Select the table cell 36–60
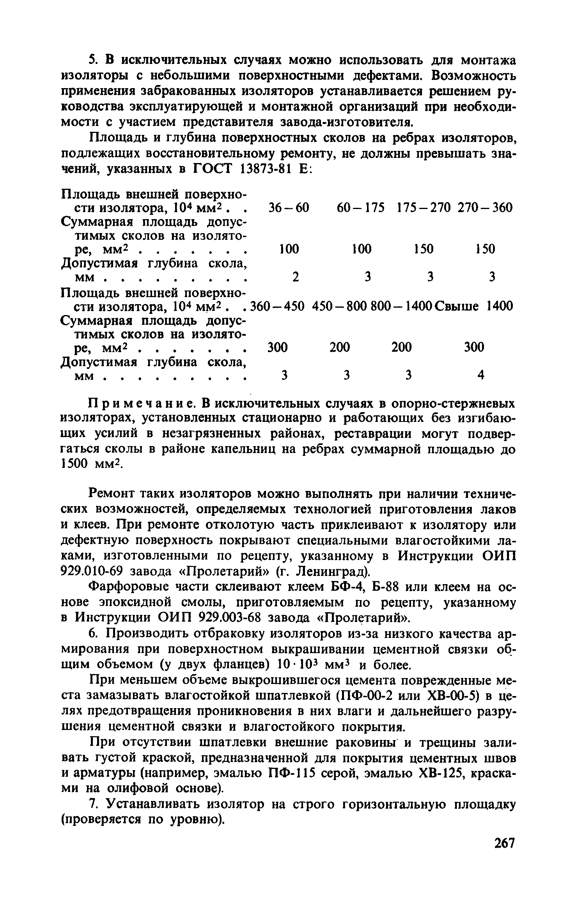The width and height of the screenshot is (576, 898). pyautogui.click(x=289, y=207)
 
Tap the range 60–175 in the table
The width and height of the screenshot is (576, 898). pyautogui.click(x=361, y=207)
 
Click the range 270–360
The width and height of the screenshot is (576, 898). pyautogui.click(x=485, y=207)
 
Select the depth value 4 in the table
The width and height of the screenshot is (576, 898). pyautogui.click(x=481, y=375)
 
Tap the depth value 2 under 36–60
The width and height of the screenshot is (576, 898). pyautogui.click(x=296, y=277)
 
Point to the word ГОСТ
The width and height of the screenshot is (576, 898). pyautogui.click(x=212, y=169)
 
